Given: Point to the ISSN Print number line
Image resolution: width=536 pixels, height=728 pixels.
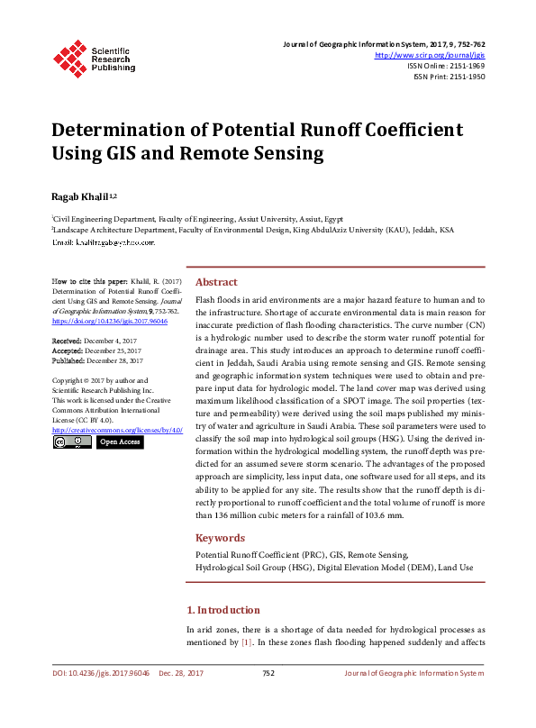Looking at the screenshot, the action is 450,77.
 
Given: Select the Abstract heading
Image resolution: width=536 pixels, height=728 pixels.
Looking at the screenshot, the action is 216,282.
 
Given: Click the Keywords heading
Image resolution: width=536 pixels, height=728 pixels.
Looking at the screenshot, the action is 221,538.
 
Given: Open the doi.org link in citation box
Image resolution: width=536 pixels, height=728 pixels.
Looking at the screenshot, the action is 110,322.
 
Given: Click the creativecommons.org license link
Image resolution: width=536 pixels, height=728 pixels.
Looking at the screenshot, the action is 117,431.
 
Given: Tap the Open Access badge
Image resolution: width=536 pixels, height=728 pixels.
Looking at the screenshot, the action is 119,442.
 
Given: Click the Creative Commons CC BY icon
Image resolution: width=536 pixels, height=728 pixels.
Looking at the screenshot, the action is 71,442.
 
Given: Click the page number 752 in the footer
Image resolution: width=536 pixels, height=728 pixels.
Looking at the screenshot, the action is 268,673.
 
